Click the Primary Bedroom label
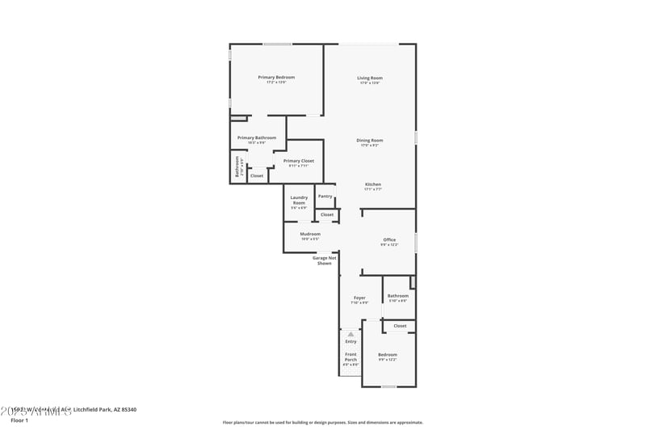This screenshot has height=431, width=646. (x=276, y=78)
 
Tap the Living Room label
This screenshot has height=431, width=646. (x=369, y=78)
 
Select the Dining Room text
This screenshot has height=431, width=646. (x=370, y=141)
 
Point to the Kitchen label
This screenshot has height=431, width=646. (x=372, y=184)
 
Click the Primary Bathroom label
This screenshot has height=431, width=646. (x=257, y=138)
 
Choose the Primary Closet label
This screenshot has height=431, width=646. (x=298, y=161)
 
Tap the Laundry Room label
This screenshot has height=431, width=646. (x=299, y=200)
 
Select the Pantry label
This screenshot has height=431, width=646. (x=325, y=196)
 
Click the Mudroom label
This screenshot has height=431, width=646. (x=310, y=235)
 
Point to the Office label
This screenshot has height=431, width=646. (x=389, y=240)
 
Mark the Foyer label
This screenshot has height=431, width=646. (x=359, y=298)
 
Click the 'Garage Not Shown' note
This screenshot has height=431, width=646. (x=325, y=260)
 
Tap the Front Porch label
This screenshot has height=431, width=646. (x=350, y=357)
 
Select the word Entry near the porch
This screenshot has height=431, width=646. (x=350, y=341)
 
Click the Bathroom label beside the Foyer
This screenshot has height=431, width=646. (x=397, y=296)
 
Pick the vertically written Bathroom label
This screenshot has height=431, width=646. (x=237, y=168)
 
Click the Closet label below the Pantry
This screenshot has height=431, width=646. (x=326, y=214)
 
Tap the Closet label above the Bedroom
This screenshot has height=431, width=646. (x=400, y=326)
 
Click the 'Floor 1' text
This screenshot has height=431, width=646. (x=19, y=420)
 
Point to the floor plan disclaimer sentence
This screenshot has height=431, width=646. (x=322, y=422)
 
